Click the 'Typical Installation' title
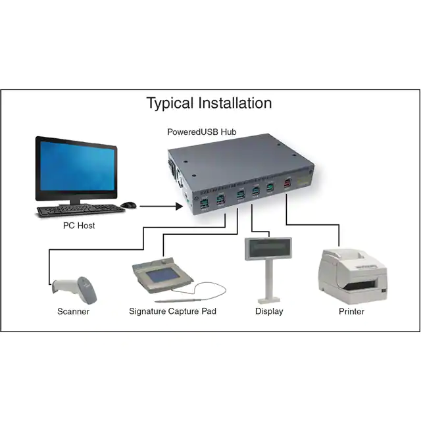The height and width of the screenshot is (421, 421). pyautogui.click(x=209, y=103)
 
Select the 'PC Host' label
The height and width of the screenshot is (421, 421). pyautogui.click(x=78, y=226)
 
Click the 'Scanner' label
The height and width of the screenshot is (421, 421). pyautogui.click(x=73, y=311)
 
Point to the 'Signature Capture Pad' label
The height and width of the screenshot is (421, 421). pyautogui.click(x=172, y=311)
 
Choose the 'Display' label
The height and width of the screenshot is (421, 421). pyautogui.click(x=269, y=311)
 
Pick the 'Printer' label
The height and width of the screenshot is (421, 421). pyautogui.click(x=351, y=311)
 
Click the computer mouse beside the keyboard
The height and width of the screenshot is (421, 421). pyautogui.click(x=129, y=205)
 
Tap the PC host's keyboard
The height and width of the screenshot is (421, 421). pyautogui.click(x=80, y=210)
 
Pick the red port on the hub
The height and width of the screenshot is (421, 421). pyautogui.click(x=287, y=186)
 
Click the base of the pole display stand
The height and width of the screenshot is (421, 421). pyautogui.click(x=269, y=299)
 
